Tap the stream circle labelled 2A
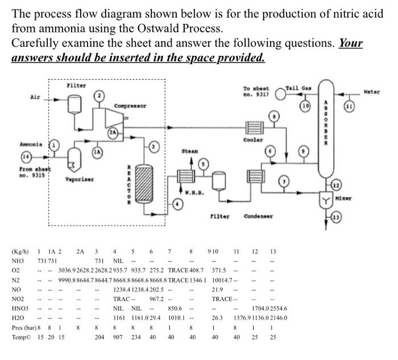114,133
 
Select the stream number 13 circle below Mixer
352,217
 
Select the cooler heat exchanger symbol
251,130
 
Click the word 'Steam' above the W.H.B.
190,152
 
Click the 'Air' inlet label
35,97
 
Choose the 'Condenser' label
259,216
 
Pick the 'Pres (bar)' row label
24,327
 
